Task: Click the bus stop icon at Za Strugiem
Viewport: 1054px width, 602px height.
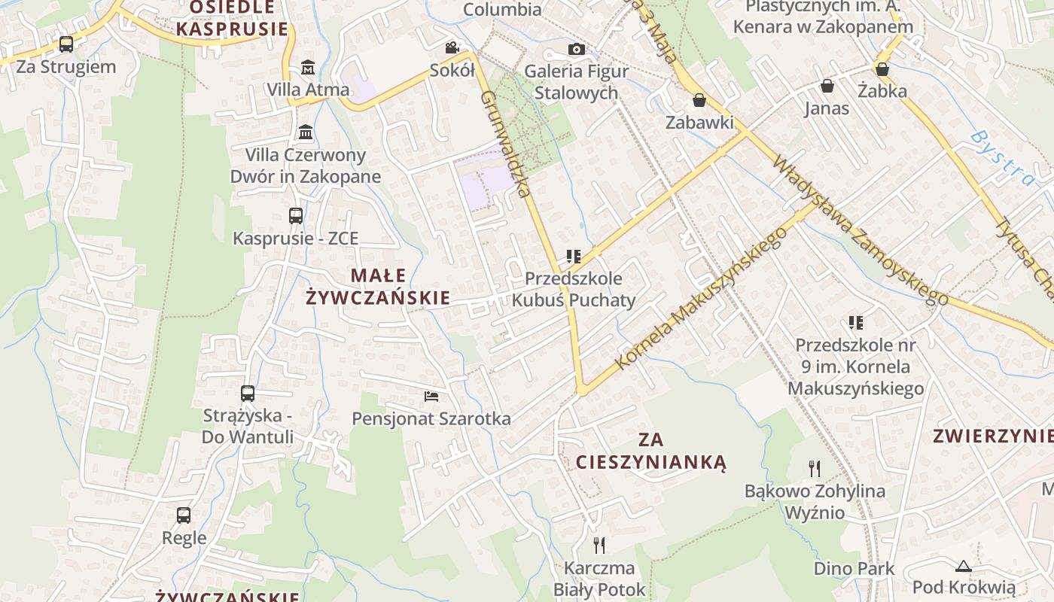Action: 66,44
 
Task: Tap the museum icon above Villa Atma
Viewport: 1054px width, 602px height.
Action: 307,68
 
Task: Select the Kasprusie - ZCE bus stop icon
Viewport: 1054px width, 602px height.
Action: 296,216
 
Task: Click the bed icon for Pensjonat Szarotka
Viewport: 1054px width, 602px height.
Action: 431,397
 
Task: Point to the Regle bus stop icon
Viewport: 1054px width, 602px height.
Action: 184,515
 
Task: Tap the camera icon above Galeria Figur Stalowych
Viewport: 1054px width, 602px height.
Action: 576,49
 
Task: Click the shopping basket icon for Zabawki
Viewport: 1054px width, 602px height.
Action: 699,100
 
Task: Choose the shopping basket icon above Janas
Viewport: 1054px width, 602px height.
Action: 827,86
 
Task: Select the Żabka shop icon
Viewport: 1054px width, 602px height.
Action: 882,69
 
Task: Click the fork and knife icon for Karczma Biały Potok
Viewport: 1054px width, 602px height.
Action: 599,545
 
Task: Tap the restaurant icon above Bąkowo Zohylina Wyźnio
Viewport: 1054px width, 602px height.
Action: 815,469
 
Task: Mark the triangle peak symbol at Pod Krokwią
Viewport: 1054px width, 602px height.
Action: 963,566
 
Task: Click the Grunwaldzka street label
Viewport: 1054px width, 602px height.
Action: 506,144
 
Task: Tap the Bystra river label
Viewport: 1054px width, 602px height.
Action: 1001,157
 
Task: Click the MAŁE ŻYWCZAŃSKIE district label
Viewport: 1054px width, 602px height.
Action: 378,287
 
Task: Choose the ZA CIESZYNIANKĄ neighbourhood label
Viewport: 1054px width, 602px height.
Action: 650,450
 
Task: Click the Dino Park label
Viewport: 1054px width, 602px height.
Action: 854,568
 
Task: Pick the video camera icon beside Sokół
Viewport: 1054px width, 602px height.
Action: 452,48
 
